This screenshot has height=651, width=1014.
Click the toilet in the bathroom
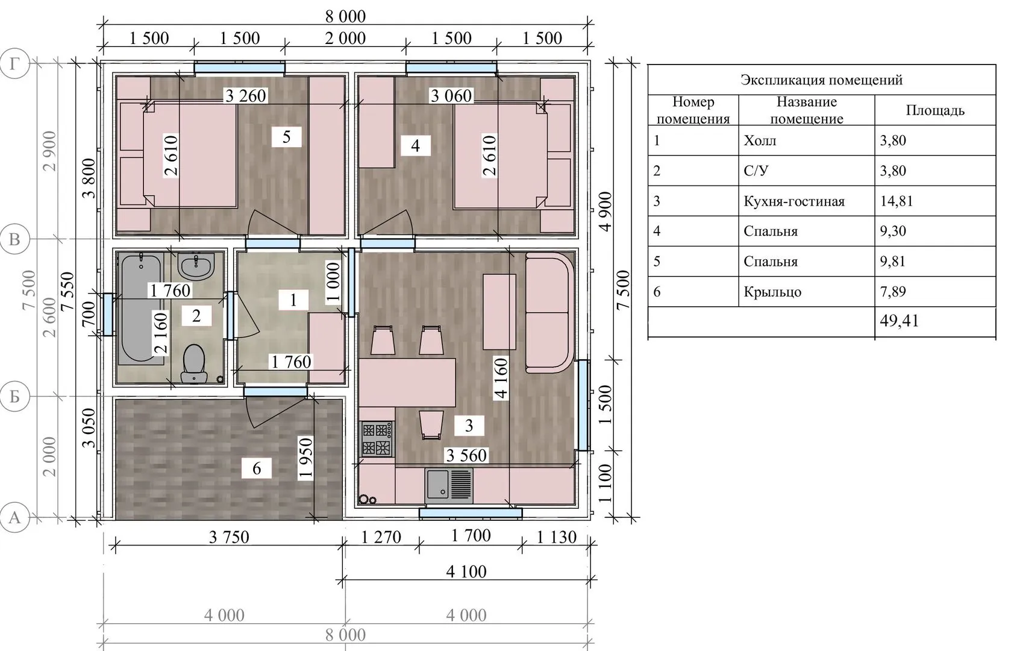194,364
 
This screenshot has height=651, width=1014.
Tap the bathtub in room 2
141,308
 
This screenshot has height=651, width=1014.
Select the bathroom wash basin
196,266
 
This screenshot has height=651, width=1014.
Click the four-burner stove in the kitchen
377,439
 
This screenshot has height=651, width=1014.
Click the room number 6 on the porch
257,468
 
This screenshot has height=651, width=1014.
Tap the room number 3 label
469,426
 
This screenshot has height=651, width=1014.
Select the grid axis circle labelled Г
14,63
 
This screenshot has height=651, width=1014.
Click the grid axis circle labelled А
14,517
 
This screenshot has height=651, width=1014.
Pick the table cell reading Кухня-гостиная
794,201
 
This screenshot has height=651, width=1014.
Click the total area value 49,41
899,321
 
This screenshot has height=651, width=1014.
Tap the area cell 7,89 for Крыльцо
893,291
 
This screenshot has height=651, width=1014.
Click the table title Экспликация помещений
822,80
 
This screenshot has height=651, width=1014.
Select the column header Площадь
935,110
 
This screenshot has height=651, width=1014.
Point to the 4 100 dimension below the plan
466,571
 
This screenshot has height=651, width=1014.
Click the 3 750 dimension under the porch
229,537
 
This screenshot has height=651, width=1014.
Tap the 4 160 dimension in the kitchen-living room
501,379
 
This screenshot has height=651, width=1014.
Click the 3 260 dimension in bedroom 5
246,96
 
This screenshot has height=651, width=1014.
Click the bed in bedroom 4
500,156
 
